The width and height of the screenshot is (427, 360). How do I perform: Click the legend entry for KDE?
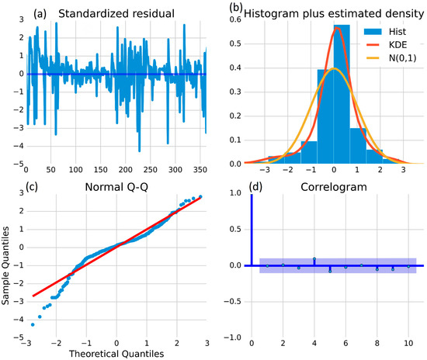coord(384,43)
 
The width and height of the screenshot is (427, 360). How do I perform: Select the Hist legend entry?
coord(384,28)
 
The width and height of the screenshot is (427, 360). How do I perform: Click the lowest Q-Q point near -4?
coord(33,324)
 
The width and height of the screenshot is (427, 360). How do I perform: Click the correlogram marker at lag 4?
coord(315,259)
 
